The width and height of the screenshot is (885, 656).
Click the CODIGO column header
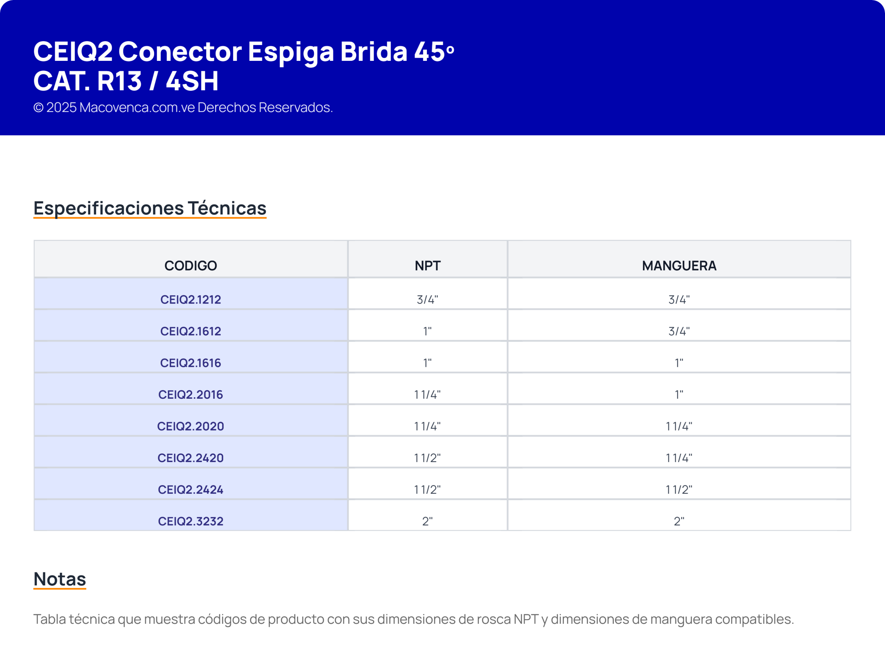[x=190, y=266]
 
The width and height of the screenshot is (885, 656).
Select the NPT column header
[x=427, y=266]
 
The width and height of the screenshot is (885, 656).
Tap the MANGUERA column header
[x=679, y=266]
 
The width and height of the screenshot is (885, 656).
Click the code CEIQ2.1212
[x=190, y=299]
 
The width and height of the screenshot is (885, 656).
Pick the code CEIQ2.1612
[x=190, y=331]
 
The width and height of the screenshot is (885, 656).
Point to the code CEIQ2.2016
[x=190, y=395]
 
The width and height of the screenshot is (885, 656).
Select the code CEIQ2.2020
[x=190, y=426]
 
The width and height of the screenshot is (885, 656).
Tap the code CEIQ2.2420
[x=190, y=458]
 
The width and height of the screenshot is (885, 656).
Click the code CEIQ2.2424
[x=190, y=490]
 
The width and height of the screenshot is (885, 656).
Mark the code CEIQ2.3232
[x=190, y=521]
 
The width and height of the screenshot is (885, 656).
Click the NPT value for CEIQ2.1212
[x=427, y=299]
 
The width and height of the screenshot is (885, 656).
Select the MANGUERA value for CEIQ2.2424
[x=679, y=490]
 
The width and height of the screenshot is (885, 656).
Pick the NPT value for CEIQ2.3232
[x=427, y=521]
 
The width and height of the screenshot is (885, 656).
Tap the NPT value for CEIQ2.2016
[x=427, y=395]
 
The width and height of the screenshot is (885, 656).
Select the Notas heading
[x=59, y=579]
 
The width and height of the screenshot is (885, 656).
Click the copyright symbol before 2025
[x=38, y=108]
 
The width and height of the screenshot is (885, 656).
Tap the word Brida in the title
[x=373, y=51]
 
